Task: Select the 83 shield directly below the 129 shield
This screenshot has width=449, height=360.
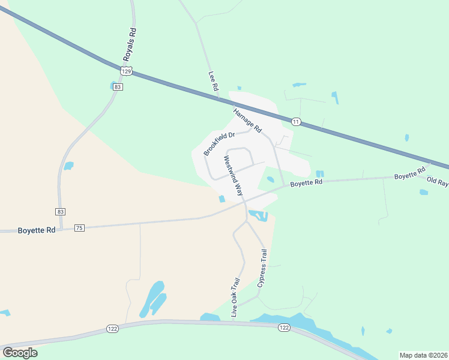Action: (118, 87)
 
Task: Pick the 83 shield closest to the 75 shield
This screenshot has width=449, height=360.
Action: (60, 212)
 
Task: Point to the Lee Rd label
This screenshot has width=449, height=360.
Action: (212, 82)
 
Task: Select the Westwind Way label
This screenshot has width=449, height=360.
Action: (234, 176)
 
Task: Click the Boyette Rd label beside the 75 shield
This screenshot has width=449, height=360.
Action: (37, 230)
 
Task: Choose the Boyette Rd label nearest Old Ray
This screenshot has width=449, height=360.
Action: (409, 176)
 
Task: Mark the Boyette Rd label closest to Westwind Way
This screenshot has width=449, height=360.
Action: (306, 181)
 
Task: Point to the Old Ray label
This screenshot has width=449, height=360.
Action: (438, 181)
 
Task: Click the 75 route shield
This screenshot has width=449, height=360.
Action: (79, 228)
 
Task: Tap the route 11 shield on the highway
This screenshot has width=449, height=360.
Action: (296, 122)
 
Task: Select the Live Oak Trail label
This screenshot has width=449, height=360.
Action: (235, 298)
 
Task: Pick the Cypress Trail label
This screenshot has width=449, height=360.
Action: (262, 269)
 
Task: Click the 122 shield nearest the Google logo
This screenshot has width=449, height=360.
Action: (113, 328)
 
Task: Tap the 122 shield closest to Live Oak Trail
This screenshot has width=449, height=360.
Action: (285, 327)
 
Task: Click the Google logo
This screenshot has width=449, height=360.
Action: (20, 353)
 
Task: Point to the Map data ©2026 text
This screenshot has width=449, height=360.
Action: (423, 355)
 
